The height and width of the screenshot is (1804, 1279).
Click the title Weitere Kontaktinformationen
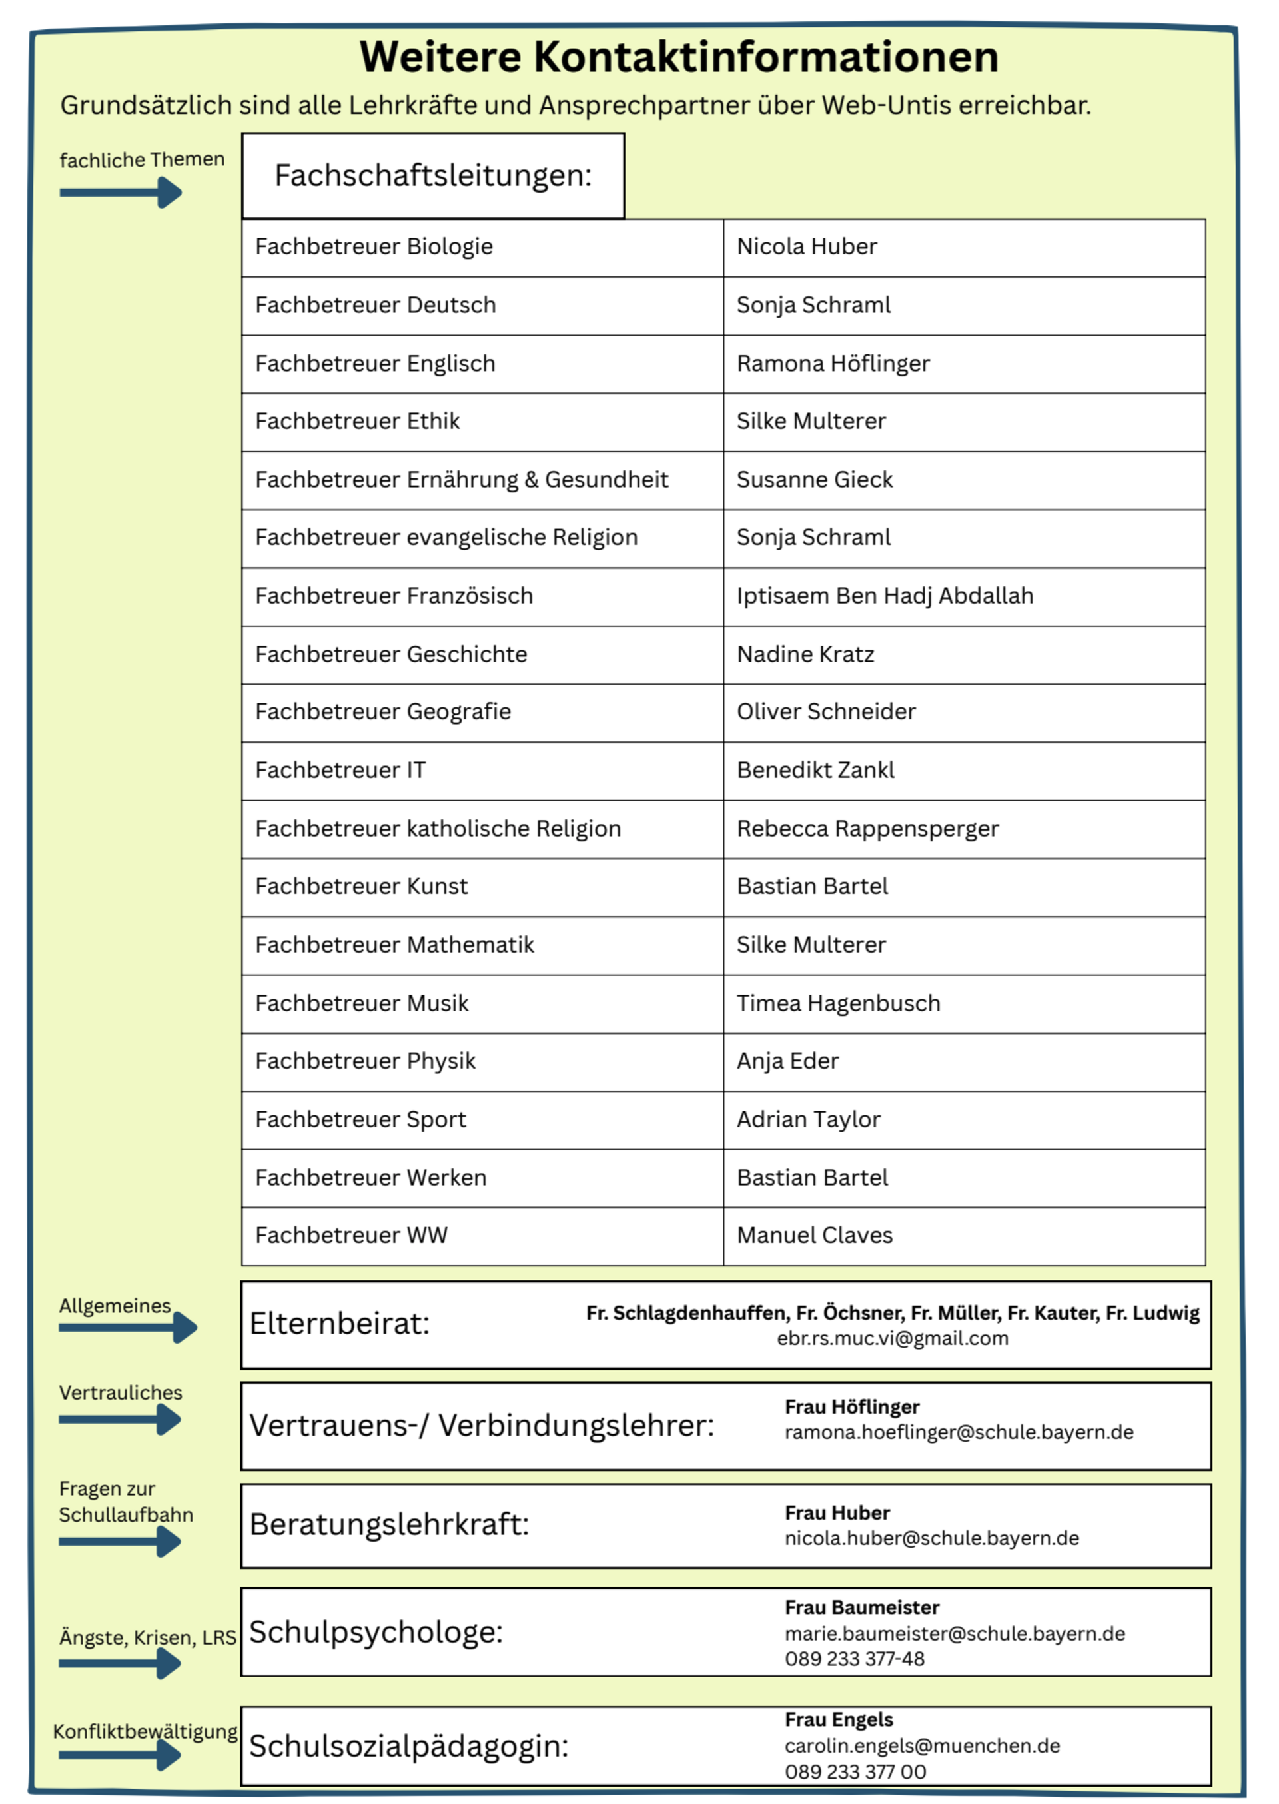click(678, 57)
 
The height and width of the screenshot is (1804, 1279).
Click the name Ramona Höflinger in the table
click(833, 364)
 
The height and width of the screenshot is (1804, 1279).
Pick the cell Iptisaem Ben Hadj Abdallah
click(885, 596)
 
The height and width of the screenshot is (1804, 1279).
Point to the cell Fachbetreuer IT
click(340, 770)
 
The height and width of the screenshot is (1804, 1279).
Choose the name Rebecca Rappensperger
click(867, 828)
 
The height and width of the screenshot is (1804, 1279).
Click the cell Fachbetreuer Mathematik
click(394, 945)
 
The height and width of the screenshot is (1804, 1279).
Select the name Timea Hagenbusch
click(838, 1003)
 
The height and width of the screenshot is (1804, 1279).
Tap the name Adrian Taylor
click(808, 1120)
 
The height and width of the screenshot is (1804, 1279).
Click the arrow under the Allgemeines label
click(128, 1328)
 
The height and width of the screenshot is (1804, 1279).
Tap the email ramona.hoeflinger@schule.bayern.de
click(959, 1432)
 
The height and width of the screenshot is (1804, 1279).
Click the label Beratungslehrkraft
click(389, 1524)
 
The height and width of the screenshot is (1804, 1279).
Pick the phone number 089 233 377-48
click(854, 1659)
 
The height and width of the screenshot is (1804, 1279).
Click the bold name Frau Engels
click(838, 1720)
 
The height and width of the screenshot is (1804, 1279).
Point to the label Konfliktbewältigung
click(145, 1731)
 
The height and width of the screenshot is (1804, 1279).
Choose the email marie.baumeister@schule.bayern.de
click(955, 1634)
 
